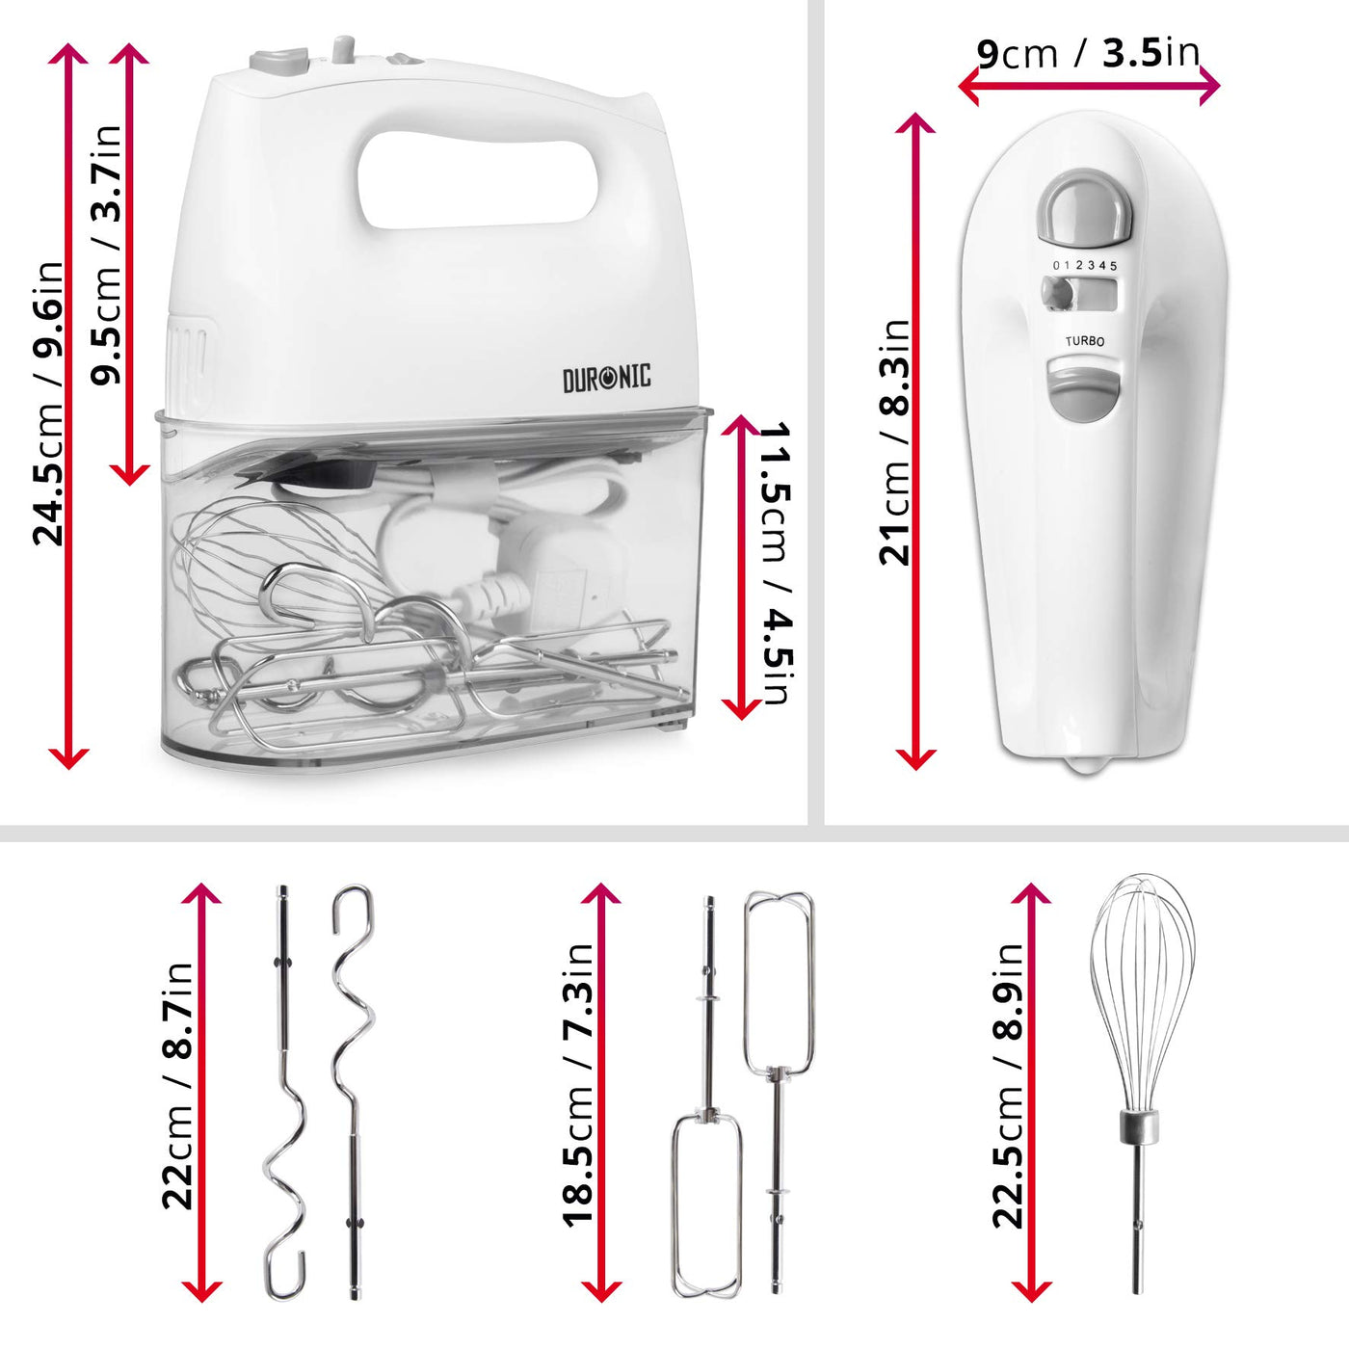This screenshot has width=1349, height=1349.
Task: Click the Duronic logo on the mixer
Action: (606, 377)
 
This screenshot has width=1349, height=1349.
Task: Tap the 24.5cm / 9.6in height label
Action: (47, 403)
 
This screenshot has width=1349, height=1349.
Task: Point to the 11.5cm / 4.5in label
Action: (777, 563)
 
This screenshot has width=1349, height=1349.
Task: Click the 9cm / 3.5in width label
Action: (1088, 53)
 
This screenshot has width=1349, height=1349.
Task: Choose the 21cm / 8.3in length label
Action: (894, 441)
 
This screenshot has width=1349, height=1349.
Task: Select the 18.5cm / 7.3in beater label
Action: (578, 1085)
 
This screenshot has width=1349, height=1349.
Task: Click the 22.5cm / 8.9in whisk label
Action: (1008, 1085)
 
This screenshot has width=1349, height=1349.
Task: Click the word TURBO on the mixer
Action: (1085, 341)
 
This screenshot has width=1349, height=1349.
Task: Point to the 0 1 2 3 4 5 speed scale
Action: (1085, 265)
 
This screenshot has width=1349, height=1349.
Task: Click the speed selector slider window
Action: (1078, 294)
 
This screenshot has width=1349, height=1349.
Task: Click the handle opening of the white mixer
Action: (478, 181)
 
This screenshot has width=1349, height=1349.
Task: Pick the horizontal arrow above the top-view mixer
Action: (1089, 88)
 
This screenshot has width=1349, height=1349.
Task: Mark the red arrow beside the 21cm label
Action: (916, 441)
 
